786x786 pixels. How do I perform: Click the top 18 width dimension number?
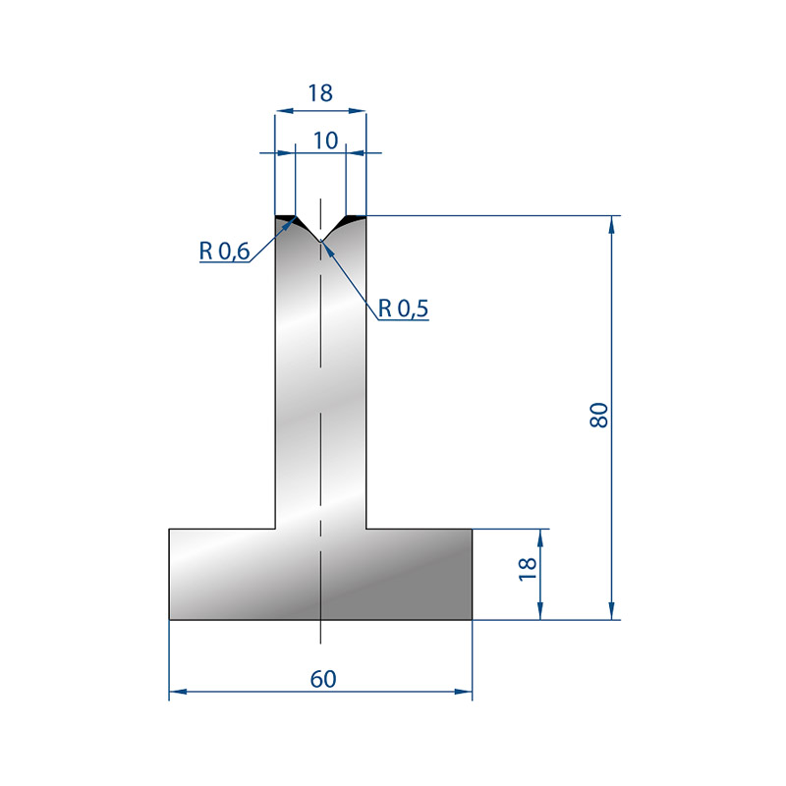pyautogui.click(x=320, y=93)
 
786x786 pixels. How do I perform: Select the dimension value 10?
pyautogui.click(x=326, y=140)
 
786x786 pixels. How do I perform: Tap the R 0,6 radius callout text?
pyautogui.click(x=224, y=251)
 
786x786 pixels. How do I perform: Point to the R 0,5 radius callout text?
pyautogui.click(x=403, y=309)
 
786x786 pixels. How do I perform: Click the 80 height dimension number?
pyautogui.click(x=599, y=415)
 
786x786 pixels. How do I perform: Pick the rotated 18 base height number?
pyautogui.click(x=528, y=569)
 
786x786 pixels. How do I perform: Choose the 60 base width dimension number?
pyautogui.click(x=323, y=679)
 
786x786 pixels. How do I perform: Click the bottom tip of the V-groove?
pyautogui.click(x=321, y=241)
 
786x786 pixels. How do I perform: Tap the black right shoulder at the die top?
pyautogui.click(x=355, y=219)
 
